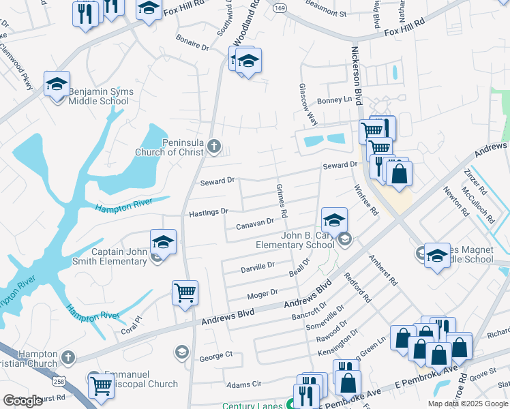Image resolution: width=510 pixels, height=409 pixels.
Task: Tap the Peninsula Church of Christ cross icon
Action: [214, 145]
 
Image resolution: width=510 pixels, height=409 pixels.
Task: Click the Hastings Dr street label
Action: [208, 212]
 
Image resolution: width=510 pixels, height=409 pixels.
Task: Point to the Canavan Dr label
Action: [254, 223]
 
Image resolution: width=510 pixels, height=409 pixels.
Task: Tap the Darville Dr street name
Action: [257, 267]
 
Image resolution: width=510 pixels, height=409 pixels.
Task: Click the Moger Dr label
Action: [262, 293]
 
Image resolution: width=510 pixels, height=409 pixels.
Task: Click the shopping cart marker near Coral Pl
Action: [185, 293]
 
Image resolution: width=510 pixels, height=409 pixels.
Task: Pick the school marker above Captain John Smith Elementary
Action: [163, 242]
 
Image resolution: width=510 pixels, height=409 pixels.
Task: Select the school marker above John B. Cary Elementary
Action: [334, 220]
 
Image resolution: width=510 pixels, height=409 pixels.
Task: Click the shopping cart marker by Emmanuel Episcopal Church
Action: [101, 385]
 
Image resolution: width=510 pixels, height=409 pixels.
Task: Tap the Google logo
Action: [22, 402]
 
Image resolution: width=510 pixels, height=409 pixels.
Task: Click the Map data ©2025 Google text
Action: [468, 404]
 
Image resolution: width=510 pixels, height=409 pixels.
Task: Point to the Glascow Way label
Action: [307, 104]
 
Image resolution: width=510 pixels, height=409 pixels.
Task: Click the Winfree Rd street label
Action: [365, 200]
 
